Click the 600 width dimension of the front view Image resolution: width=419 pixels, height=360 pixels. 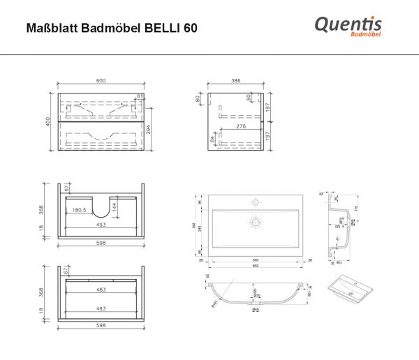pos(101,82)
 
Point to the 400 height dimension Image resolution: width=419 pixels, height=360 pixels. pos(47,120)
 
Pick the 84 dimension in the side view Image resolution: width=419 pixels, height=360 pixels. pos(212,141)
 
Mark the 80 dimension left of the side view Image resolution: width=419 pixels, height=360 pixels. pos(198,99)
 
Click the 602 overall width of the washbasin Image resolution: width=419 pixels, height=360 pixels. pos(255,265)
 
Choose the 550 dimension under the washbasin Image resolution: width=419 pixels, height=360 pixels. pos(255,259)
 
